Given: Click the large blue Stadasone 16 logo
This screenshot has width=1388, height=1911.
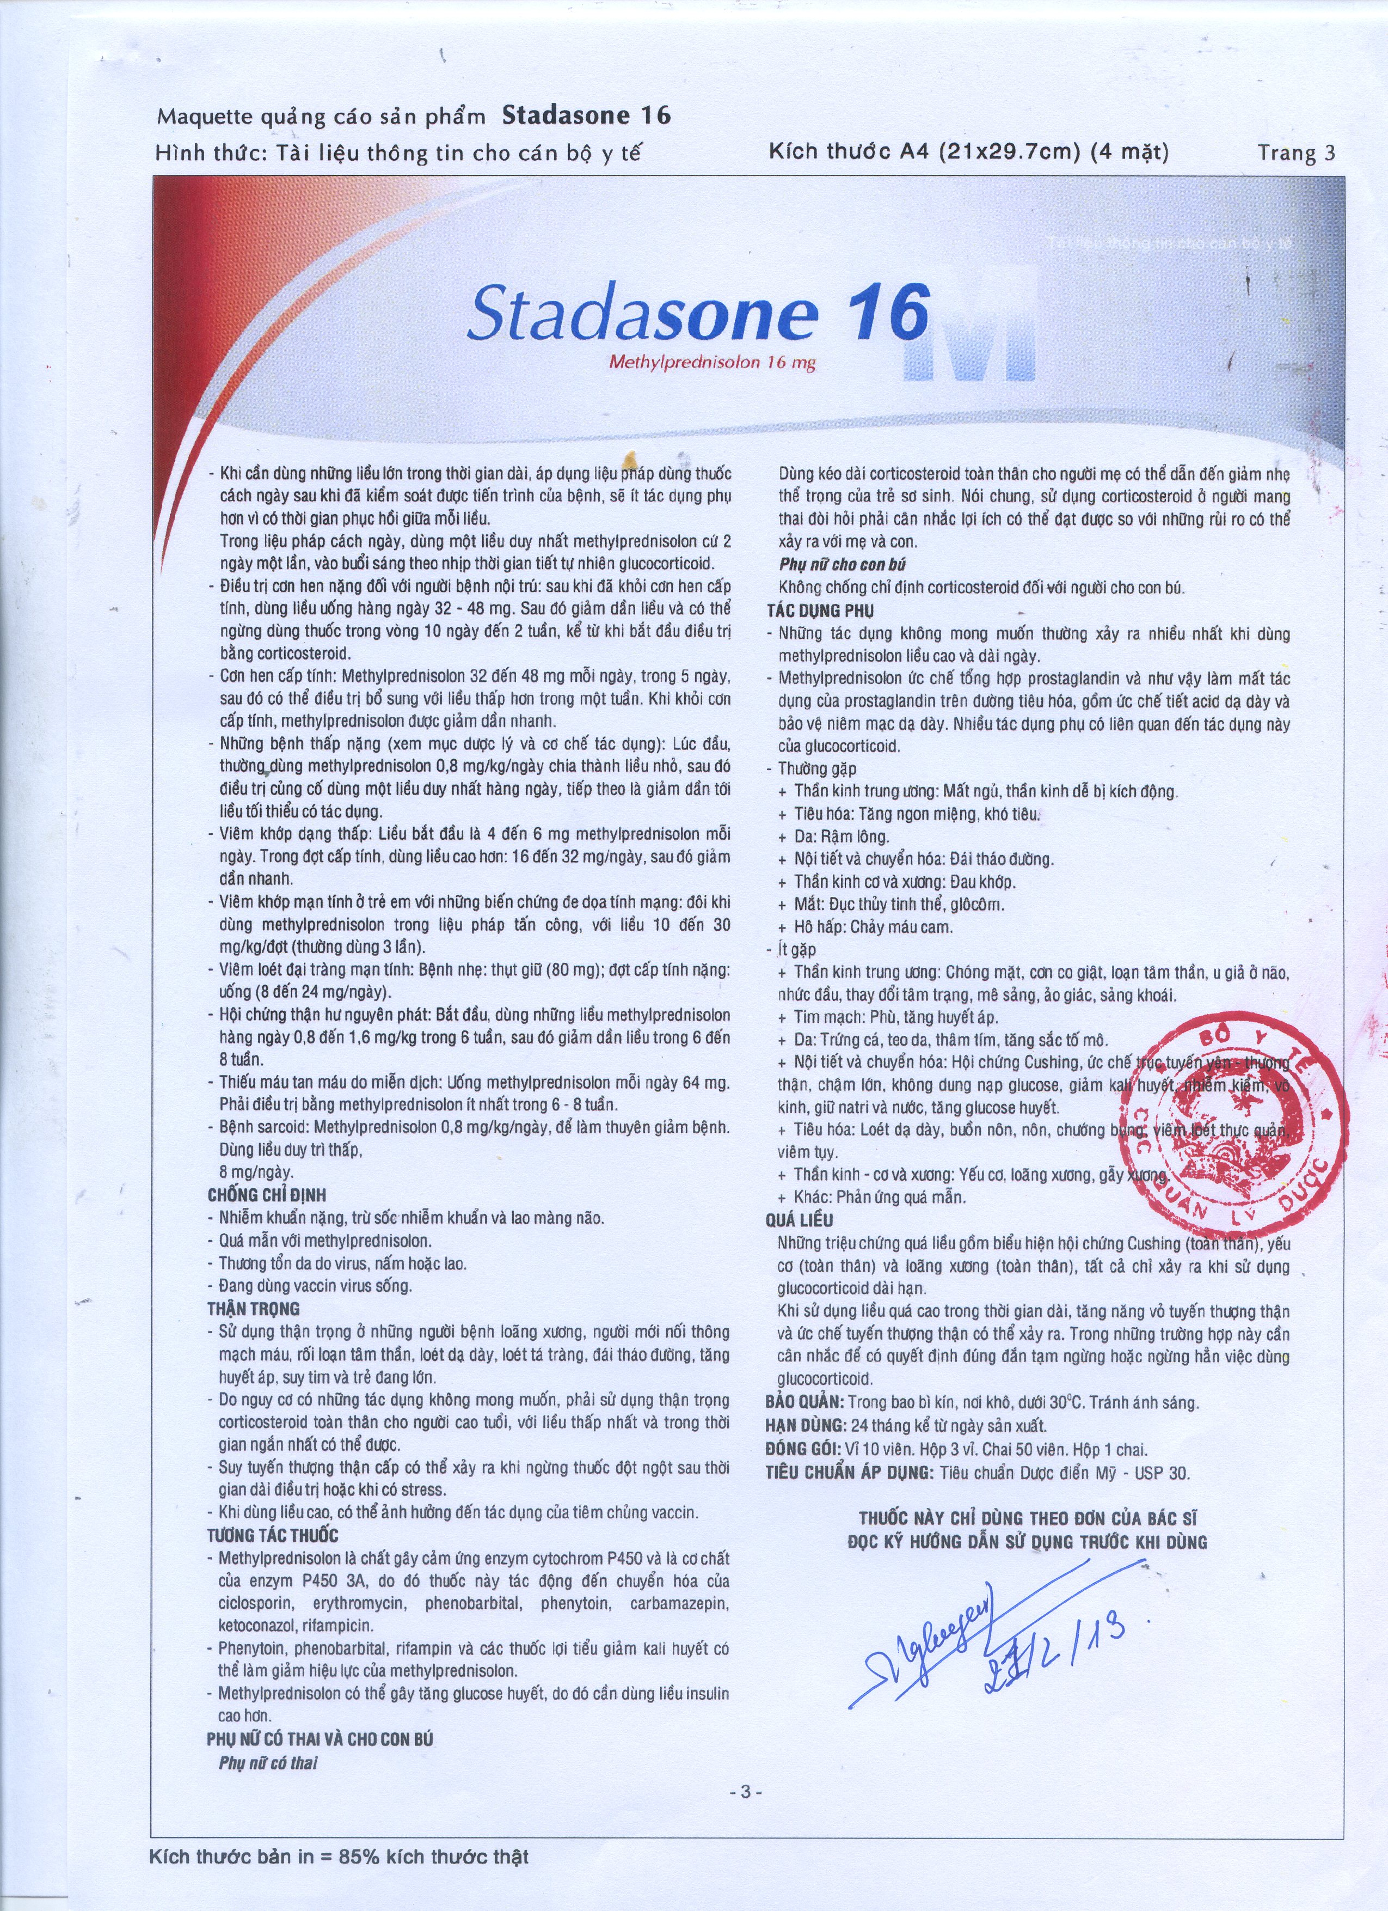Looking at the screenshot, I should [699, 312].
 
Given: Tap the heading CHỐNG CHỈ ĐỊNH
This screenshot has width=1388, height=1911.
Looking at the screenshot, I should [266, 1195].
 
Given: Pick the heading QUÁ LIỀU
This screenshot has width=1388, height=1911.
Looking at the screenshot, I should [799, 1220].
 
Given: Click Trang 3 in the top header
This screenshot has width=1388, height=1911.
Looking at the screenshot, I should [1296, 152].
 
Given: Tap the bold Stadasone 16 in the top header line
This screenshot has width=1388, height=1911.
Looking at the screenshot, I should [586, 115].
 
